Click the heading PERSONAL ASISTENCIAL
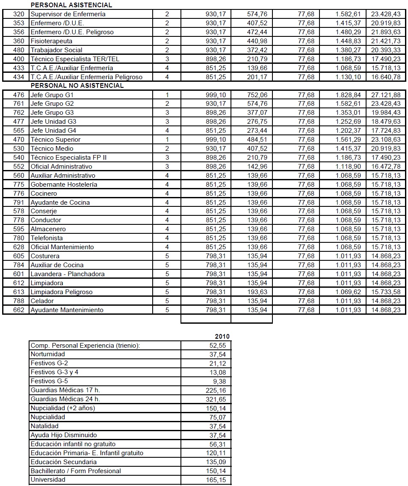click(x=71, y=5)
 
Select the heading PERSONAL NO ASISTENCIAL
click(x=77, y=86)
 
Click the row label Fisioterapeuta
click(x=51, y=41)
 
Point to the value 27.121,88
click(x=386, y=95)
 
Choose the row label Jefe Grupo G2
click(x=52, y=104)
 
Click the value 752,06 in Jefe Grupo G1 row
click(x=257, y=95)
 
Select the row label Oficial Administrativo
click(x=61, y=167)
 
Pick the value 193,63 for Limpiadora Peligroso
click(x=257, y=292)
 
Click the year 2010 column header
click(x=222, y=337)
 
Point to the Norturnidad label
click(x=47, y=355)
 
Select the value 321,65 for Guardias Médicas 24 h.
click(x=216, y=400)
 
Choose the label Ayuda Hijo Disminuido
click(x=63, y=435)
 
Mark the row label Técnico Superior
click(x=55, y=140)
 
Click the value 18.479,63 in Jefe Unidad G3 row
click(x=386, y=122)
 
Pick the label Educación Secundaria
click(x=63, y=462)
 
